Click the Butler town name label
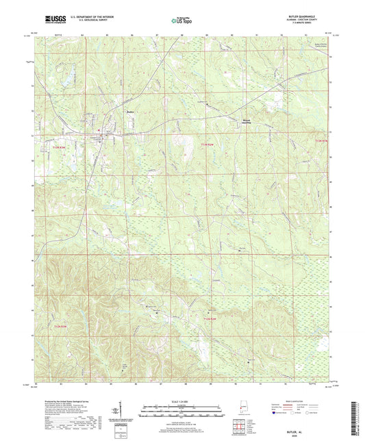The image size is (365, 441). tap(130, 112)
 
